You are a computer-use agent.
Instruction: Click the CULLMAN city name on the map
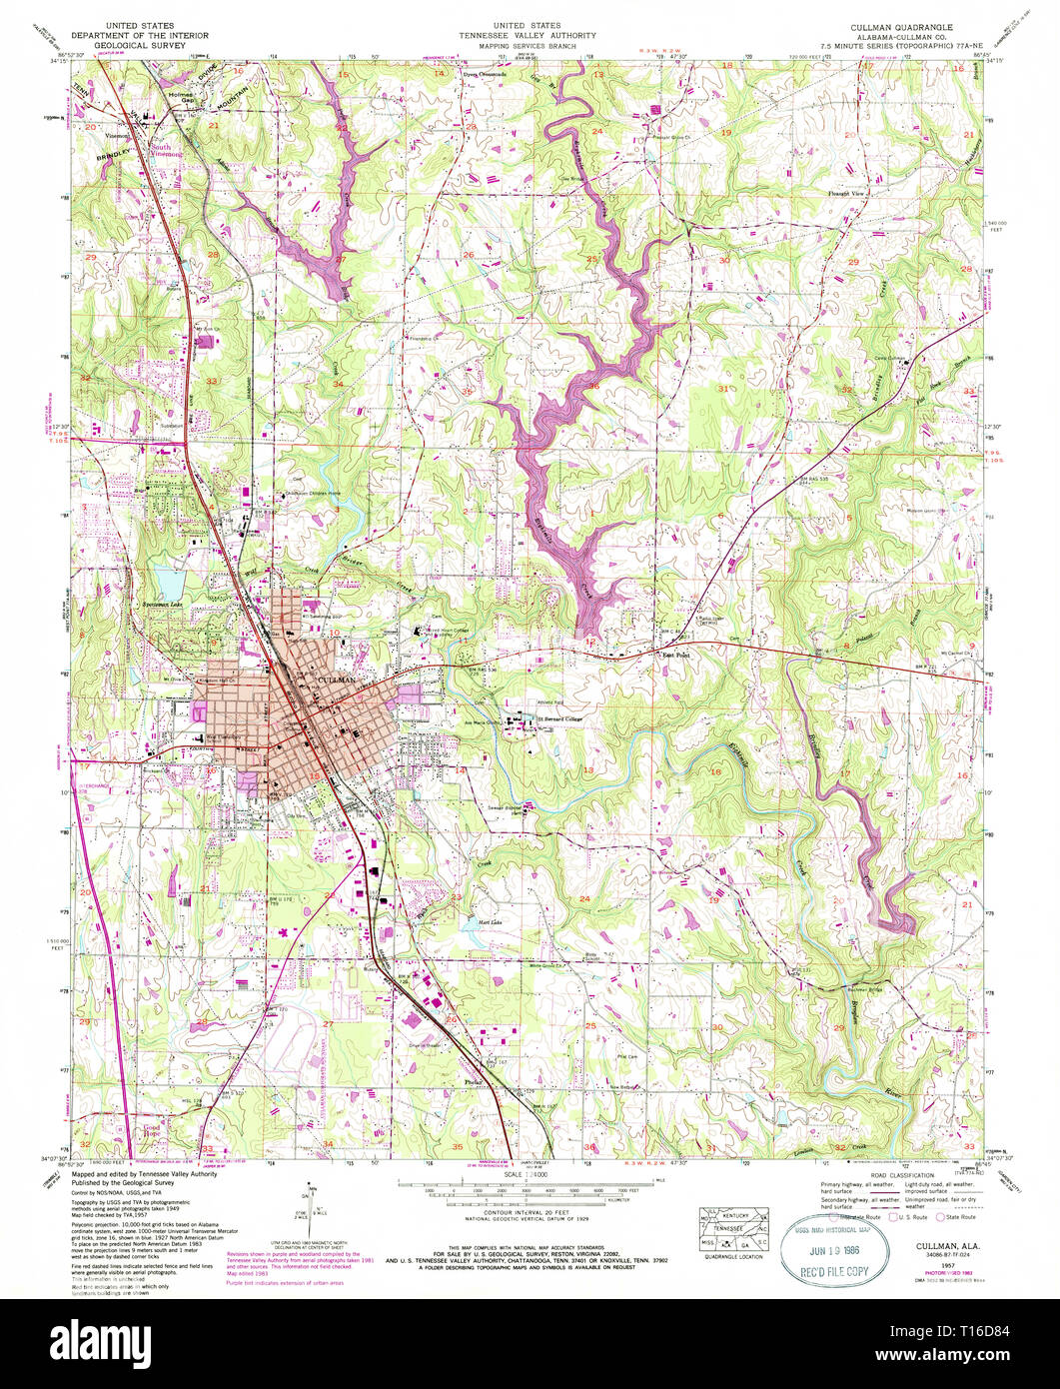(332, 679)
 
